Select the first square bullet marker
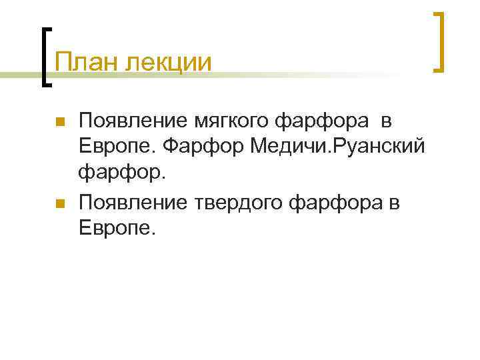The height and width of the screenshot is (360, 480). (59, 123)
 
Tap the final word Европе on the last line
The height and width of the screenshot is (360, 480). (117, 228)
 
